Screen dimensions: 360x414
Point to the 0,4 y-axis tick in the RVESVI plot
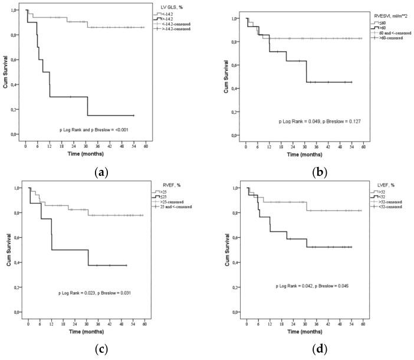(236, 89)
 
